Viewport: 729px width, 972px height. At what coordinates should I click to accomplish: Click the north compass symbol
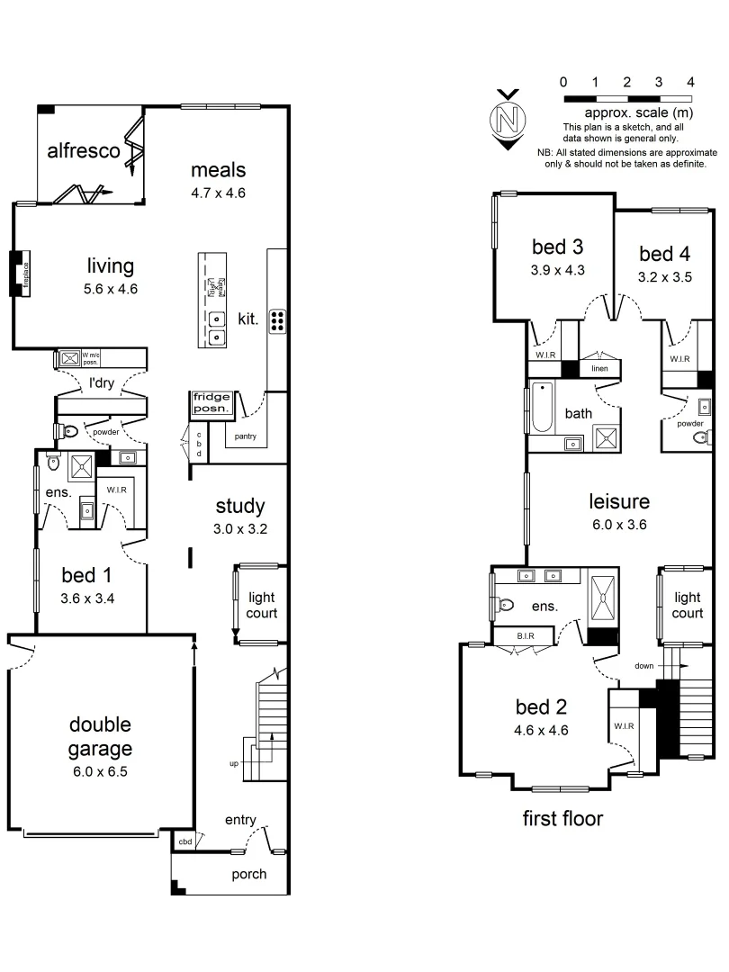point(508,119)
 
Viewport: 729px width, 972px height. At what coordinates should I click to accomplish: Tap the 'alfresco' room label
point(84,150)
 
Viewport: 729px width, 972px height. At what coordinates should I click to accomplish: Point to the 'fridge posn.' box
point(212,404)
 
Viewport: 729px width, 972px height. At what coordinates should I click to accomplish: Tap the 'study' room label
point(239,506)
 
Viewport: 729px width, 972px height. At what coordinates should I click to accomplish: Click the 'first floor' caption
point(562,818)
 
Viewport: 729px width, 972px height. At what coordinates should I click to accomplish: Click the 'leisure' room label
point(619,501)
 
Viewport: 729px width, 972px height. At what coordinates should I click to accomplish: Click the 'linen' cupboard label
point(600,369)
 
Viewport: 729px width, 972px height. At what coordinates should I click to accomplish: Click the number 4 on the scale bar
point(690,82)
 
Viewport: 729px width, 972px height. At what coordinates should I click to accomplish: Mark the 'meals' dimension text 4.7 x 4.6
point(218,193)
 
